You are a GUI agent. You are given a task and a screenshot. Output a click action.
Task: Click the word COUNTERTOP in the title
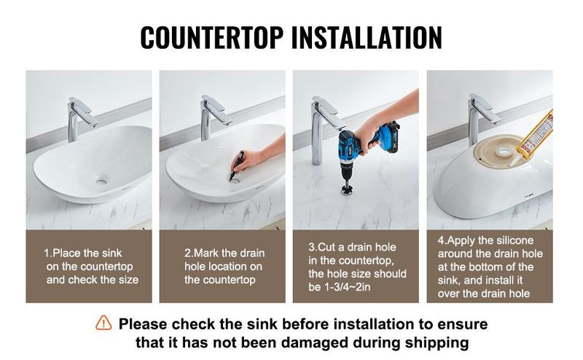pyautogui.click(x=211, y=38)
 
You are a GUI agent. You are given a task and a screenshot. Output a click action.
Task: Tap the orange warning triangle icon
pyautogui.click(x=103, y=323)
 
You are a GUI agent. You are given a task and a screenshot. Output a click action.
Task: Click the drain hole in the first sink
pyautogui.click(x=101, y=181)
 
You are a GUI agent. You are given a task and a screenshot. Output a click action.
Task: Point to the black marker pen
pyautogui.click(x=237, y=165)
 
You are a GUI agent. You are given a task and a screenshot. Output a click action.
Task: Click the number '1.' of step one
pyautogui.click(x=48, y=254)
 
